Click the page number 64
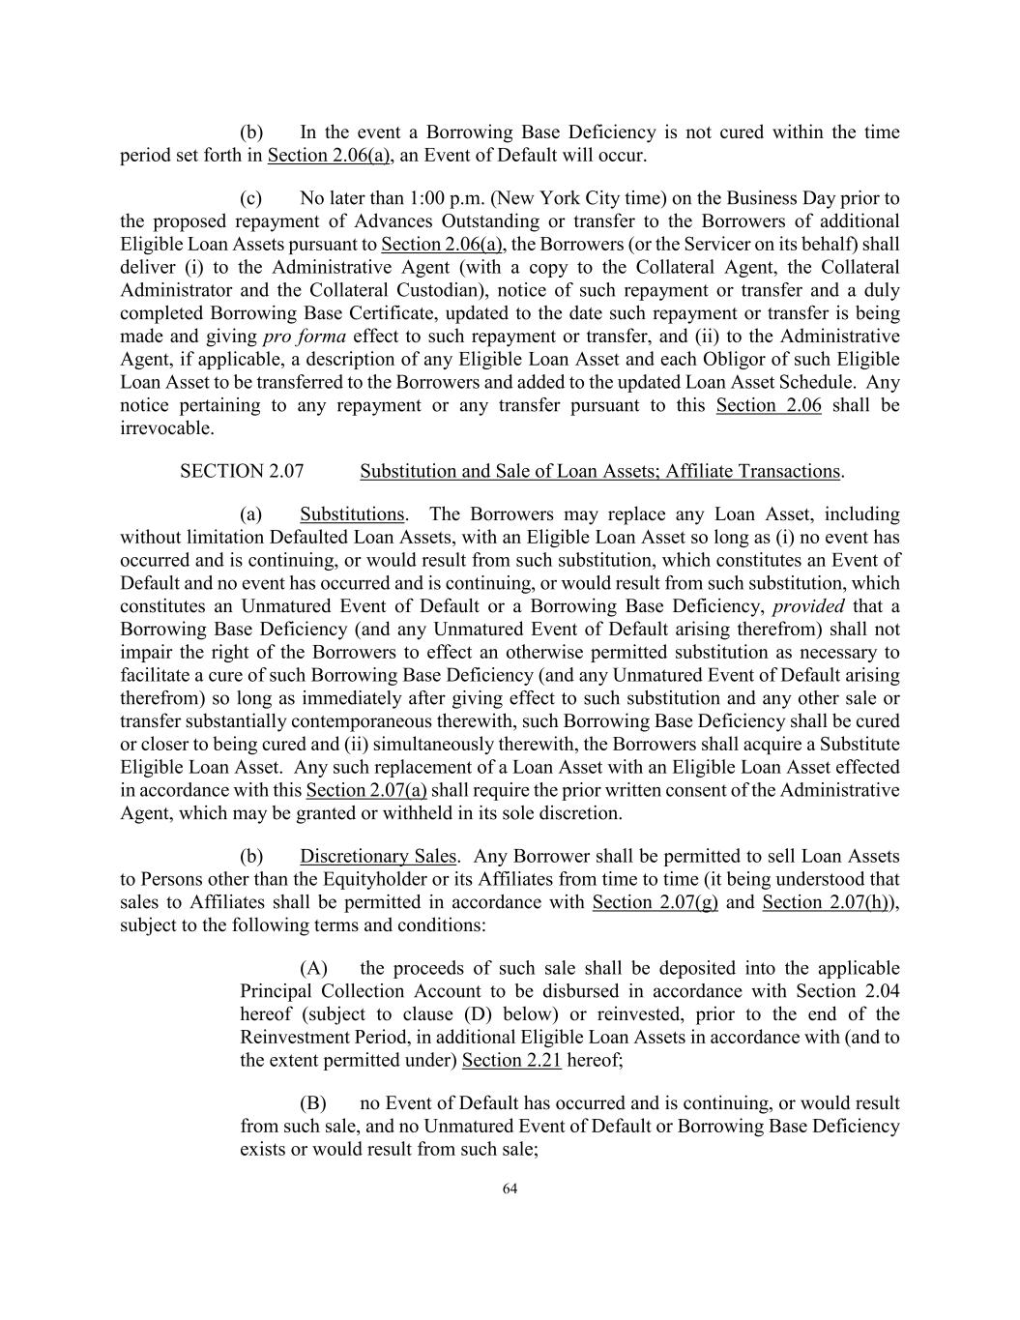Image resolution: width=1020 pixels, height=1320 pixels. tap(510, 1188)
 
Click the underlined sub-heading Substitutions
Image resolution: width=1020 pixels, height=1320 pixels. tap(352, 513)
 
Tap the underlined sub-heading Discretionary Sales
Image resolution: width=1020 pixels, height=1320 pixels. tap(378, 856)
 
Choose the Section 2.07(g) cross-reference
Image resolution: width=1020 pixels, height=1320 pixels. tap(655, 902)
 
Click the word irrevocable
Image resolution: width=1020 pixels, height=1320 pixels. tap(166, 428)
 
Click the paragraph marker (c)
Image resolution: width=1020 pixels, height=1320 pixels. tap(251, 198)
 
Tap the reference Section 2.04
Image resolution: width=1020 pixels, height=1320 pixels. tap(847, 991)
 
